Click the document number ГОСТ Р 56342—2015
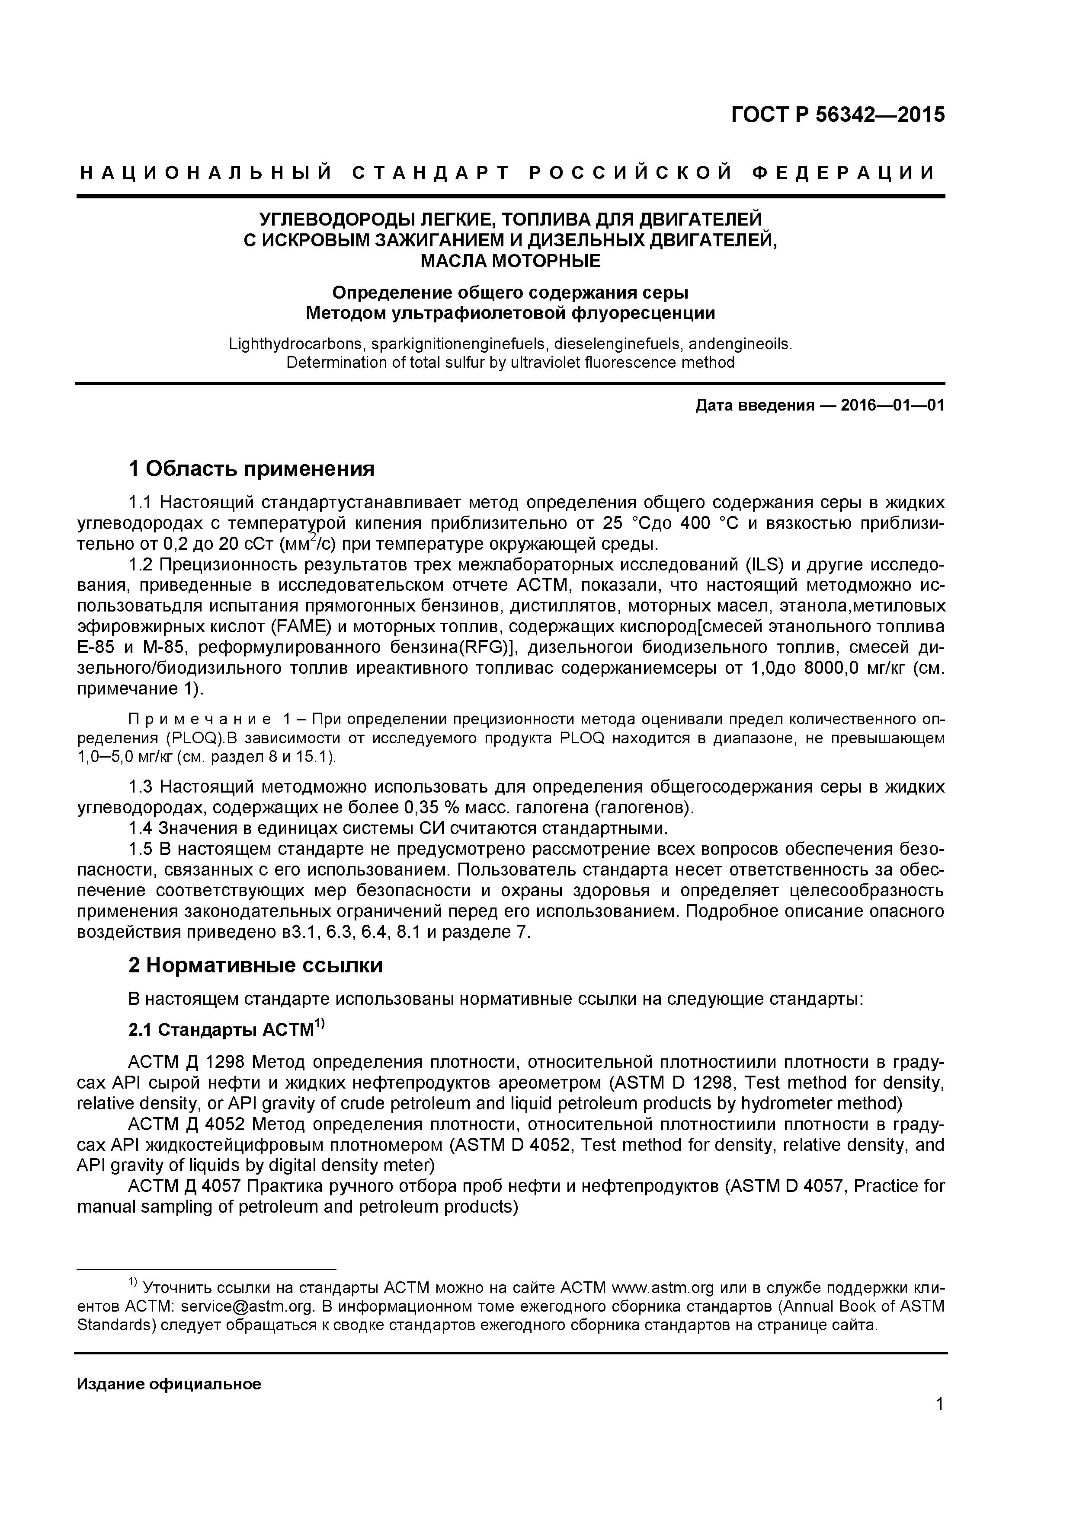[838, 115]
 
